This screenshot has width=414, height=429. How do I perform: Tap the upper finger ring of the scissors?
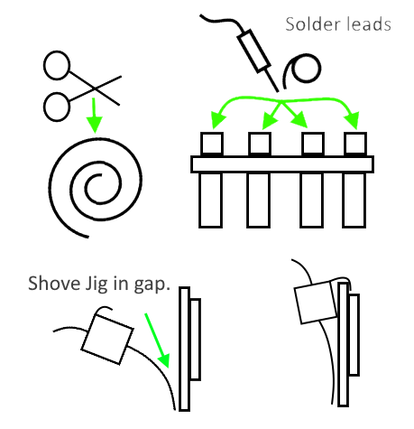pyautogui.click(x=57, y=65)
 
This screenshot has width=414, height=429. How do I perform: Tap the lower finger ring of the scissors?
pyautogui.click(x=57, y=107)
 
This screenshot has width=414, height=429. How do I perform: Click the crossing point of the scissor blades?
pyautogui.click(x=95, y=89)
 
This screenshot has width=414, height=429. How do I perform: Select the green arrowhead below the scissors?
pyautogui.click(x=95, y=124)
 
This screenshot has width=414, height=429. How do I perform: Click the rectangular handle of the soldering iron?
pyautogui.click(x=253, y=51)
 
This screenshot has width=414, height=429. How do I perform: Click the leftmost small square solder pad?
pyautogui.click(x=212, y=144)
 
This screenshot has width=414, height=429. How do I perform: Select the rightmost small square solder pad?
pyautogui.click(x=355, y=144)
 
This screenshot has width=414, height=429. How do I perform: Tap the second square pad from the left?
pyautogui.click(x=260, y=144)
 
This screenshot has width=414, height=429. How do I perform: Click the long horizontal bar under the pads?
pyautogui.click(x=282, y=164)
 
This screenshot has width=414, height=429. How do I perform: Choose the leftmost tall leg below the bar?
pyautogui.click(x=210, y=200)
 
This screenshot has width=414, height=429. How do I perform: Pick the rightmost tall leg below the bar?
pyautogui.click(x=354, y=200)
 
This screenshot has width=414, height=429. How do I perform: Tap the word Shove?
pyautogui.click(x=54, y=284)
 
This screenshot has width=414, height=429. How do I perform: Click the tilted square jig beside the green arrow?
pyautogui.click(x=107, y=340)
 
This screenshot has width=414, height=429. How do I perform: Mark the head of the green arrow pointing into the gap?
pyautogui.click(x=164, y=360)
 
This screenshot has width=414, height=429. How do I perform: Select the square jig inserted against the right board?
pyautogui.click(x=317, y=302)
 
